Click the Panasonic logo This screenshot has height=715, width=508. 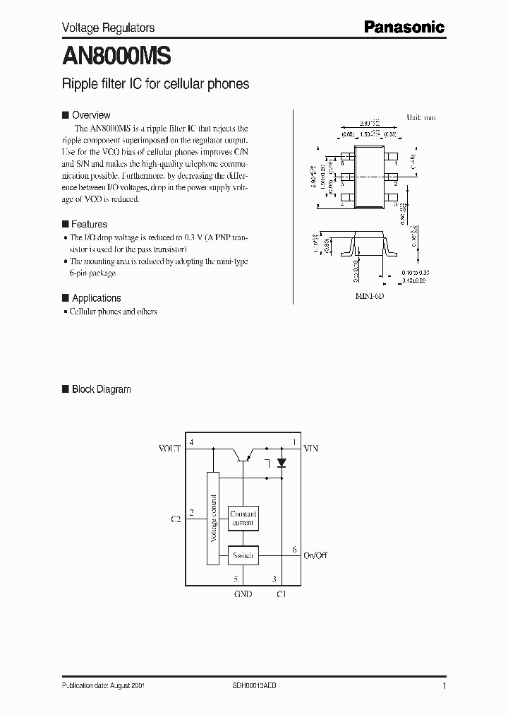coord(404,28)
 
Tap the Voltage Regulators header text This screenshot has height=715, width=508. coord(109,28)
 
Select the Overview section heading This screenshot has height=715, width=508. coord(91,115)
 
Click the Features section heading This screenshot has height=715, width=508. coord(90,225)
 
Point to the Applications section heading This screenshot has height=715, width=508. coord(97,298)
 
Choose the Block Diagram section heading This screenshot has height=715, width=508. coord(101,389)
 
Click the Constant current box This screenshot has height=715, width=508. coord(243,519)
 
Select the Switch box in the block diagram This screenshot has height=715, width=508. coord(243,556)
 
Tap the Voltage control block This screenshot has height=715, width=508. coord(213,518)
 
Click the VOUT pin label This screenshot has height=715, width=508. coord(169,448)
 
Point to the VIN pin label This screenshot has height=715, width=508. coord(310,448)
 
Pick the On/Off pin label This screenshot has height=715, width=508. coord(315,555)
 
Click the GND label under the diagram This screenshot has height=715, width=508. coord(243,594)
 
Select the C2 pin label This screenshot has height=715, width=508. coord(176,519)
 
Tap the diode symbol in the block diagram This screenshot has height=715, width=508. coord(282,463)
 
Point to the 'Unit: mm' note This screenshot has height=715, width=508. coord(421,117)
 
